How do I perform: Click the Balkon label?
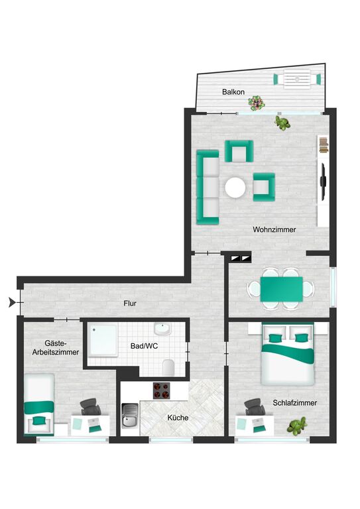(x=233, y=92)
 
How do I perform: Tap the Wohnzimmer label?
(x=274, y=229)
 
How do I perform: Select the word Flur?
(x=130, y=304)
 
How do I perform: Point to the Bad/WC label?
(x=144, y=346)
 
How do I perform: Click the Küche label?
(x=178, y=418)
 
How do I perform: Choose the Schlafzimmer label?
(x=295, y=403)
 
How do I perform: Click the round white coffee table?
(x=235, y=188)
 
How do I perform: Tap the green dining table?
(x=282, y=289)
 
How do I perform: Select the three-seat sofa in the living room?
(x=208, y=188)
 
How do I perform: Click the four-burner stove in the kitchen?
(x=161, y=390)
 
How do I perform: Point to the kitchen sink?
(x=130, y=415)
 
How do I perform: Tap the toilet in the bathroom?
(x=169, y=367)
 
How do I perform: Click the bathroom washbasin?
(x=162, y=329)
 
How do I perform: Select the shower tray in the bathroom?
(x=103, y=341)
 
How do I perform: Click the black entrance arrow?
(x=13, y=302)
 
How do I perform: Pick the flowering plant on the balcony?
(x=257, y=103)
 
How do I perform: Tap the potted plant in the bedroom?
(x=297, y=426)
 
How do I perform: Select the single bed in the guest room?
(x=39, y=404)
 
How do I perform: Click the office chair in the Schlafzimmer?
(x=255, y=407)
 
